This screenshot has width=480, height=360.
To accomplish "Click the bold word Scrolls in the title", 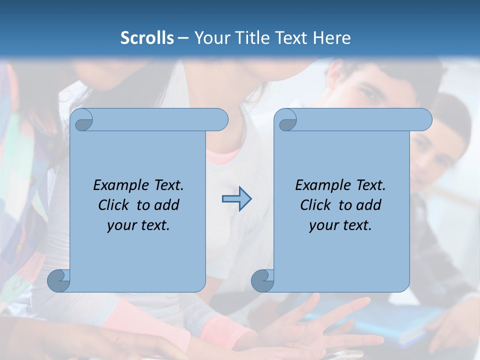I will pos(147,38).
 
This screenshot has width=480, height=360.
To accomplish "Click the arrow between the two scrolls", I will pos(236,199).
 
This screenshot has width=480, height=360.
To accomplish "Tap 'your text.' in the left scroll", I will pos(138,225).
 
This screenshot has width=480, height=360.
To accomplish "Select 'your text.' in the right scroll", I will pos(340,225).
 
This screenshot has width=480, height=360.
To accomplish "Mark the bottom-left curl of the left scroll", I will pos(58,280).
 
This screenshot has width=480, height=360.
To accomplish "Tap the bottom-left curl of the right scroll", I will pos(262,280).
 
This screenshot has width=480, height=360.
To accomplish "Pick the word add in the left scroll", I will pos(167,205).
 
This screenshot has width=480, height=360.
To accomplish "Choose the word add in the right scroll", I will pos(369,205).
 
